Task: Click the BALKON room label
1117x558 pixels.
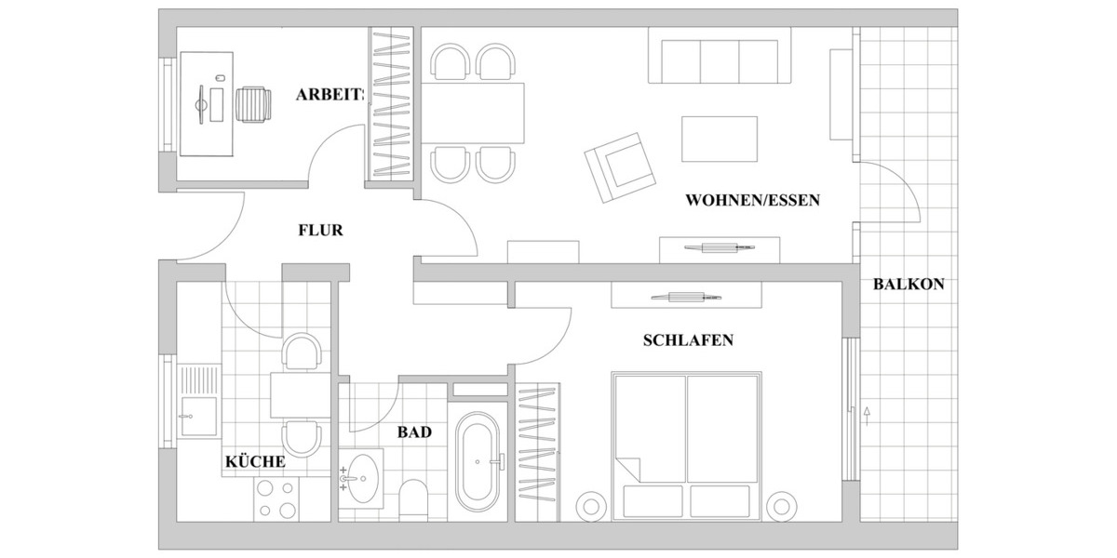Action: point(908,285)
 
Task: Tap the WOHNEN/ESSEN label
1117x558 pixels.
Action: point(752,200)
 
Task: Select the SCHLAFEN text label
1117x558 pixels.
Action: point(688,340)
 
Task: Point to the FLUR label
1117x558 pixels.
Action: point(321,230)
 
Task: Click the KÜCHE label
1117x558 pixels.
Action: point(255,461)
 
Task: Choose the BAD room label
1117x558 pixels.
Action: point(414,432)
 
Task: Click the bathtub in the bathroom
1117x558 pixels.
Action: point(479,460)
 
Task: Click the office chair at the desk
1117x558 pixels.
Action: point(254,104)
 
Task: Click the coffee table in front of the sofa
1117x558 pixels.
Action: point(720,139)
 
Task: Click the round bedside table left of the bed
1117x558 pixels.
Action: point(591,507)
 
